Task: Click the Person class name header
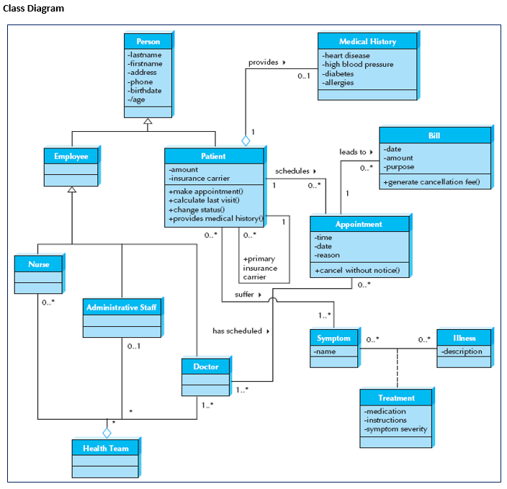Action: tap(148, 41)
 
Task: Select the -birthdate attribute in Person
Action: tap(145, 91)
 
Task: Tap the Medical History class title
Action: tap(367, 41)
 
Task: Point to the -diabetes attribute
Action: tap(338, 73)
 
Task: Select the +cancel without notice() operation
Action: tap(356, 271)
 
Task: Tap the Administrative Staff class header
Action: tap(122, 308)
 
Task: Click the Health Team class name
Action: tap(105, 448)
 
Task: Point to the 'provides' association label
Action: tap(264, 63)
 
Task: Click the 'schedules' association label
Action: tap(292, 171)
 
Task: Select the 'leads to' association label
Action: tap(354, 152)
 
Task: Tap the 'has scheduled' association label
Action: tap(237, 331)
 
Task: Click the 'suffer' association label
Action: tap(245, 295)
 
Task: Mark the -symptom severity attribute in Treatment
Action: tap(396, 429)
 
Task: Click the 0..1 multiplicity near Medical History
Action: tap(303, 76)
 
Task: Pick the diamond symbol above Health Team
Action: tap(107, 432)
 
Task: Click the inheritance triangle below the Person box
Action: tap(148, 122)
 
